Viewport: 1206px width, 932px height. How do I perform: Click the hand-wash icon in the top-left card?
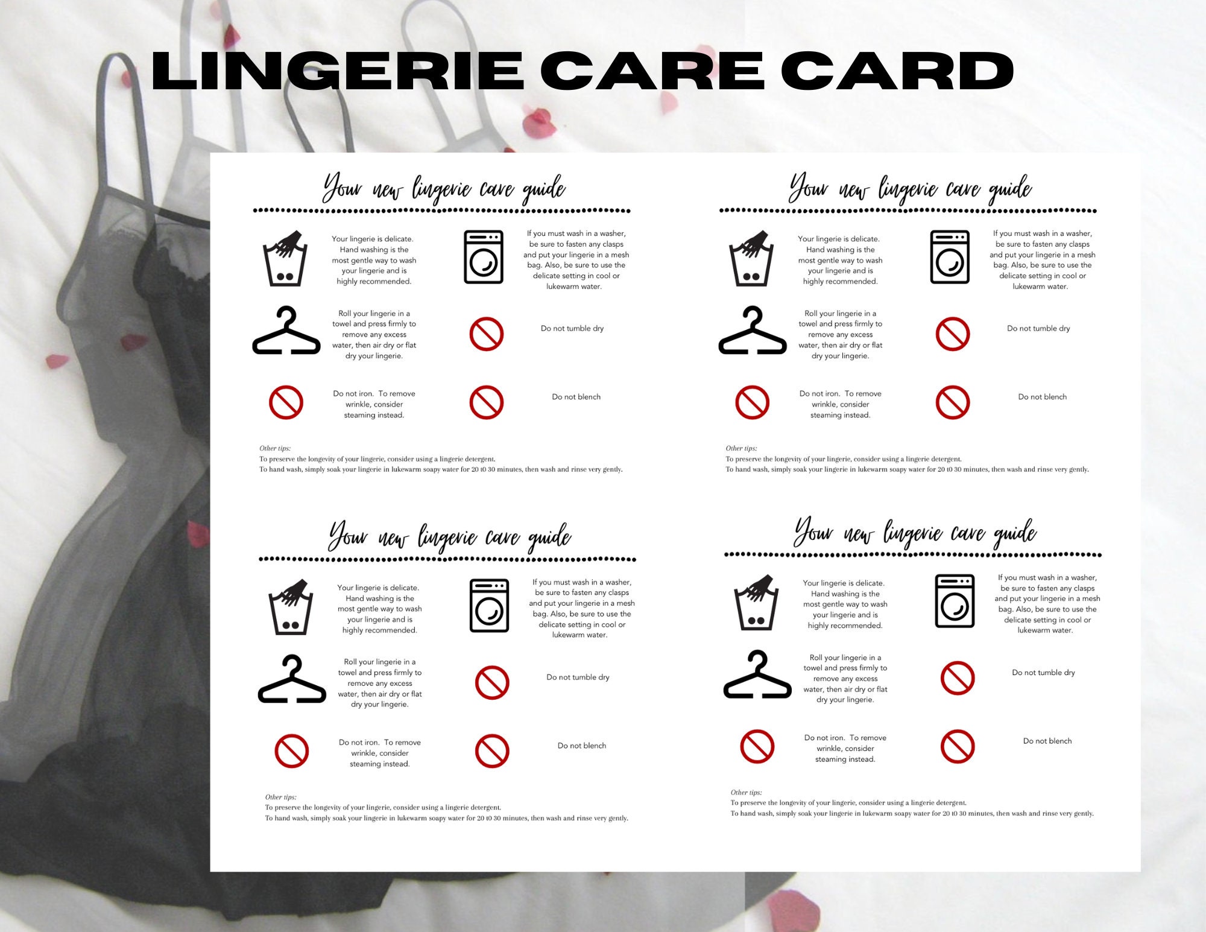[285, 258]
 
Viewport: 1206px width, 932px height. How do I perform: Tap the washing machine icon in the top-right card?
[950, 256]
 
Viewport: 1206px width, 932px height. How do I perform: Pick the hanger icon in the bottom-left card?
[292, 679]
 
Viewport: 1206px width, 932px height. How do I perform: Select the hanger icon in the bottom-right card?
[757, 675]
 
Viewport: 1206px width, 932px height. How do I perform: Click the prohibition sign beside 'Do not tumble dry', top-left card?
[486, 334]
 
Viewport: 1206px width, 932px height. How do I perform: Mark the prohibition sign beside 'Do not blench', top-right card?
[953, 402]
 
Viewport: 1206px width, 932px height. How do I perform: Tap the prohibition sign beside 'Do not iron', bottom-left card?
[291, 751]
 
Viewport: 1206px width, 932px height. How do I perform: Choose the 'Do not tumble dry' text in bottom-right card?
[1043, 673]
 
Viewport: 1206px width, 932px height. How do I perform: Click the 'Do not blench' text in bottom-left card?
[582, 746]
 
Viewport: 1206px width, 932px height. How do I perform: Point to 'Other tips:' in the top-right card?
[741, 448]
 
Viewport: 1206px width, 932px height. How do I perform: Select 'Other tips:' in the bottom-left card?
[280, 797]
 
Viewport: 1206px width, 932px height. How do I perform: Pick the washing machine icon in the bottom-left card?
[489, 606]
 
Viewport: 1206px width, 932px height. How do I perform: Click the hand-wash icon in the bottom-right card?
[754, 602]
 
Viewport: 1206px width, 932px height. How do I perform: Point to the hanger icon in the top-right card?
[753, 331]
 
